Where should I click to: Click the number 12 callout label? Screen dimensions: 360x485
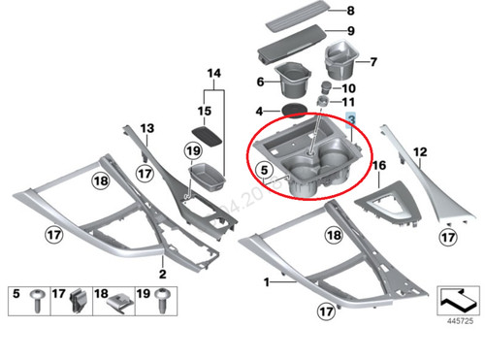pos(420,150)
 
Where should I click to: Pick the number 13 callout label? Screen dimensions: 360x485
pos(147,128)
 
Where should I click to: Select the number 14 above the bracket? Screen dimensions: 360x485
pos(213,74)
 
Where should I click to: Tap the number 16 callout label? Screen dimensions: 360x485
pos(379,166)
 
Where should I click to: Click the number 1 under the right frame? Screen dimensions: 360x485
pos(267,281)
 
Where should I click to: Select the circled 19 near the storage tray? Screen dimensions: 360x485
pos(192,150)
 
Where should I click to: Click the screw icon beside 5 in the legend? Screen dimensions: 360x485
pos(38,300)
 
